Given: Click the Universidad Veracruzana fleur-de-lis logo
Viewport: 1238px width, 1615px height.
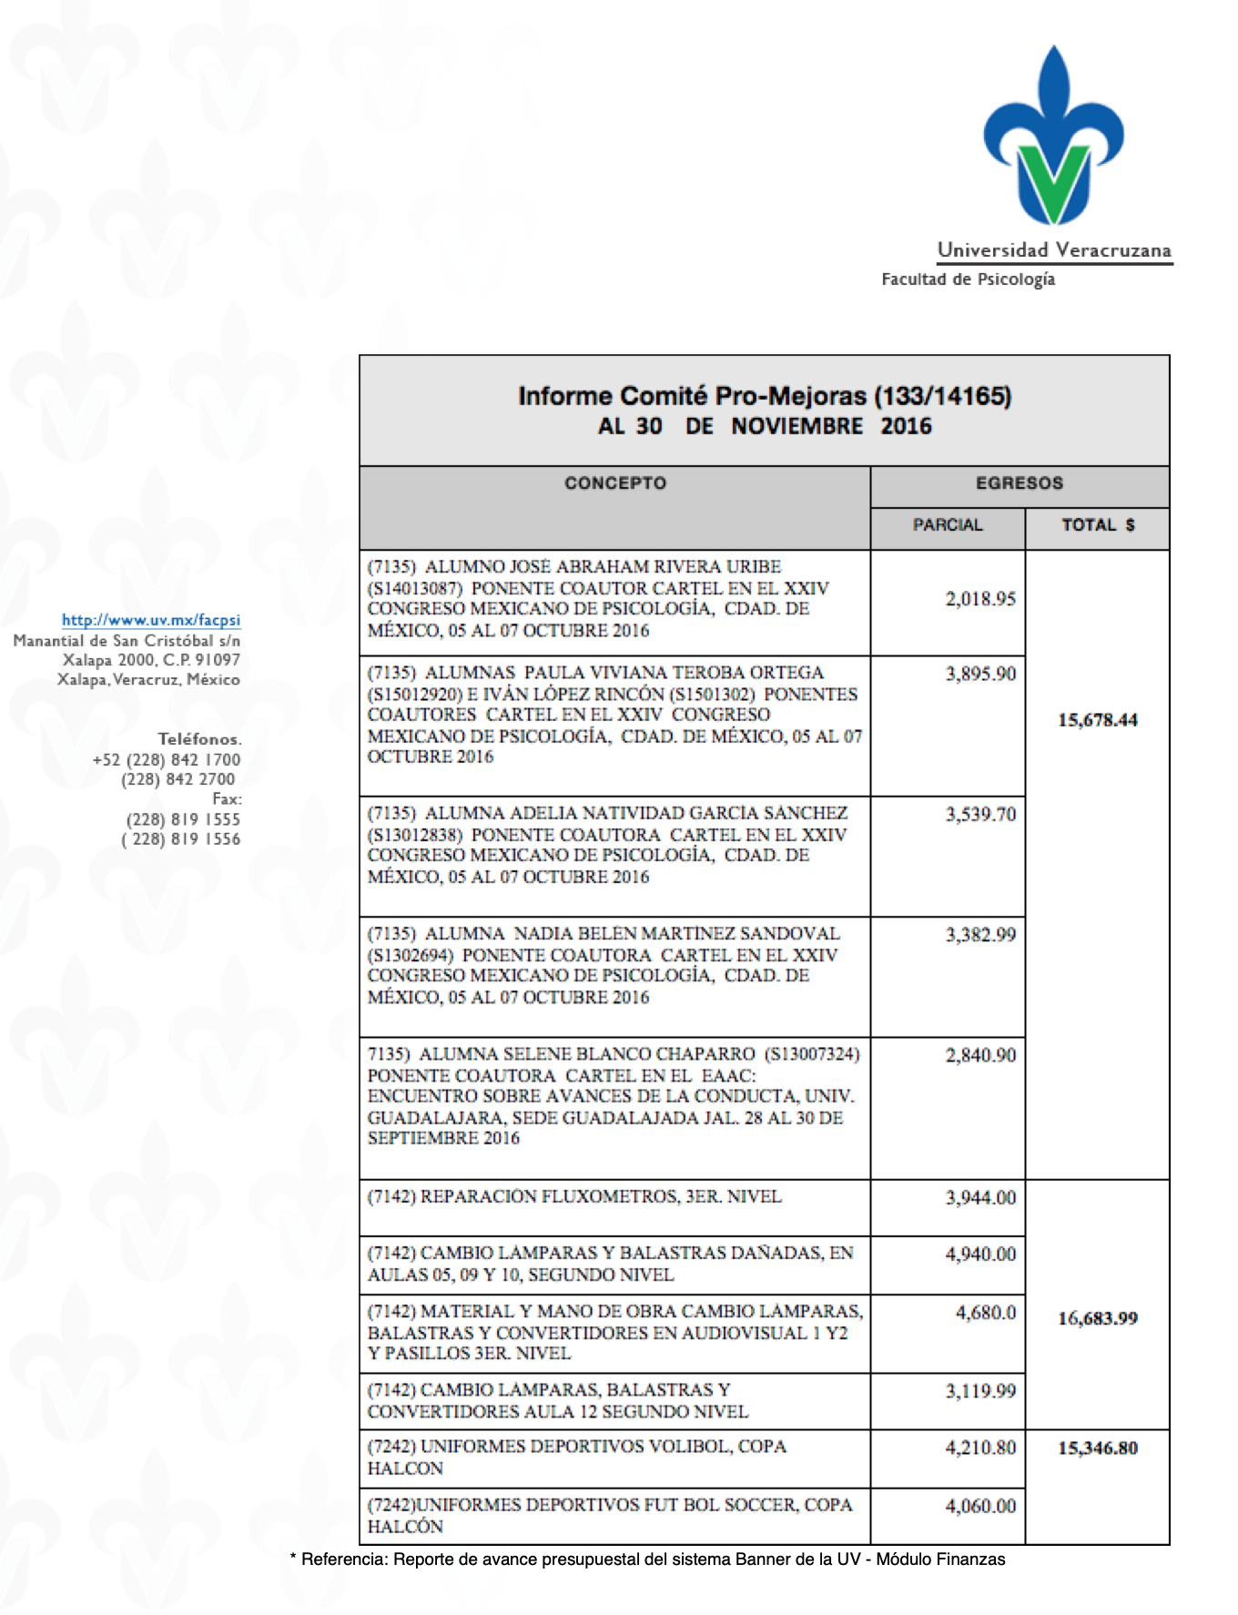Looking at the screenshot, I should pos(1053,137).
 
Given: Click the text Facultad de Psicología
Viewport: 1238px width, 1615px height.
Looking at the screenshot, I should pos(968,279).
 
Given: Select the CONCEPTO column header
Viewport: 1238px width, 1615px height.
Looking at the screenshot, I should pos(615,483).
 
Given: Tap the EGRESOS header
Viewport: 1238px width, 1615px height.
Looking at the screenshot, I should pos(1019,483).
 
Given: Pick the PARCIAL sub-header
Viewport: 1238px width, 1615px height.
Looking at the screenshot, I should pos(948,525).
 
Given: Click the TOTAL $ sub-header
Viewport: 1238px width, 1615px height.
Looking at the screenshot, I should pos(1098,525).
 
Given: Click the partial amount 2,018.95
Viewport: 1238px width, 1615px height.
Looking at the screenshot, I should pos(980,599).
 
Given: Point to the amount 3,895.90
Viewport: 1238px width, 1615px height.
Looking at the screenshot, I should pos(980,674).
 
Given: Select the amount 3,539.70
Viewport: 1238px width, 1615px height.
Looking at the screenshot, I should pos(980,814).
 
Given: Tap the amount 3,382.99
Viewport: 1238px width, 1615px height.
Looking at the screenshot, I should pos(980,935).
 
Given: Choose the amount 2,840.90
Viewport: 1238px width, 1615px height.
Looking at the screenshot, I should pos(980,1055).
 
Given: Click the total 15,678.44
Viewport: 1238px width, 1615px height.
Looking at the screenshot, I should pos(1098,720).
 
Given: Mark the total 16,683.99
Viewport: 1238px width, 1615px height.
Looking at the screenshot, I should pos(1098,1318).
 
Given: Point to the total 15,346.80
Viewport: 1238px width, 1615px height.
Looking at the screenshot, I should pos(1098,1448).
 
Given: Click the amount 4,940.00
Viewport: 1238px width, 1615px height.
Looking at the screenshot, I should pos(980,1254).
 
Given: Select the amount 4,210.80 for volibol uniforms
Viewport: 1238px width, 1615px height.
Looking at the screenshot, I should pos(980,1448).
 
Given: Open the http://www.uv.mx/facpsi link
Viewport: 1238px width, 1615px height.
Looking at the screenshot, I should pos(151,620).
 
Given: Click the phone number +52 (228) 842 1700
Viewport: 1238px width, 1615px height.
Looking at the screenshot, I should pos(167,760).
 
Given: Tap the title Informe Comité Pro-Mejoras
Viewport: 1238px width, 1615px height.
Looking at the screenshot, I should pos(765,397).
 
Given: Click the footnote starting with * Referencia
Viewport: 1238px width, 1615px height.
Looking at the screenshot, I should pos(647,1559).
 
